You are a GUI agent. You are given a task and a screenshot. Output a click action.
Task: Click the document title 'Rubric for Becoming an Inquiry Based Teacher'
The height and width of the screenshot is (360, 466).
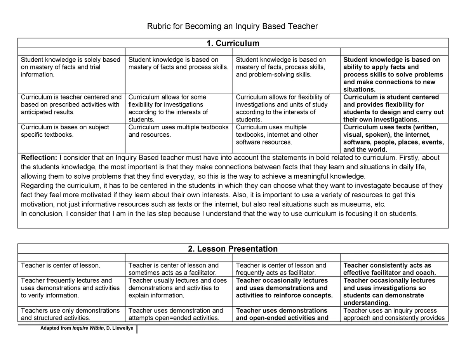click(x=232, y=26)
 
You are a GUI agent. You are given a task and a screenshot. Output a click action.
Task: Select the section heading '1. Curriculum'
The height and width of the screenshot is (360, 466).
click(x=233, y=43)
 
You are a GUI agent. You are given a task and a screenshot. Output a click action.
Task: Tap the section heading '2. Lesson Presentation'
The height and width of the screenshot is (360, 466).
click(x=233, y=249)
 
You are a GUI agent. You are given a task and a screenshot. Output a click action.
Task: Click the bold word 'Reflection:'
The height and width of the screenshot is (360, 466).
click(x=39, y=157)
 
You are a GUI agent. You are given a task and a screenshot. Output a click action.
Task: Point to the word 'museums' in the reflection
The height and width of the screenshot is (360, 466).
click(x=355, y=204)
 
